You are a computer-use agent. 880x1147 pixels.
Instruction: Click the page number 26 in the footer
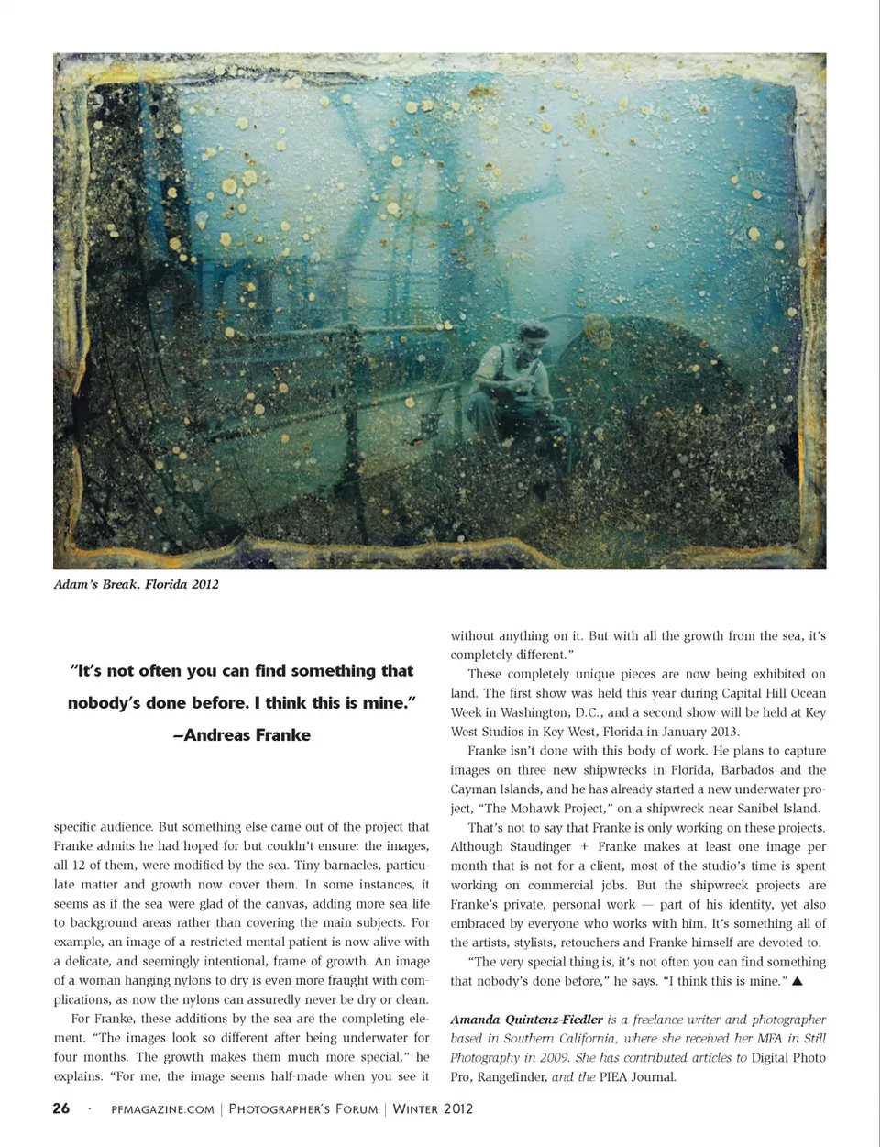coord(61,1108)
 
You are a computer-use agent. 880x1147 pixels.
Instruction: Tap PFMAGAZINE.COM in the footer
coord(162,1108)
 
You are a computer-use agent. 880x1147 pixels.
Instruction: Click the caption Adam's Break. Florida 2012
coord(137,584)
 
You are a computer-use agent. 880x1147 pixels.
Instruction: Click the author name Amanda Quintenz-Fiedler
coord(526,1019)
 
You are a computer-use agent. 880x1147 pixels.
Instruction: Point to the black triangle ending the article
coord(797,981)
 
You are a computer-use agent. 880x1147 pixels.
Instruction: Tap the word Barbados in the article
coord(750,769)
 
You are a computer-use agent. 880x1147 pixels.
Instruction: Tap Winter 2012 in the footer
coord(434,1108)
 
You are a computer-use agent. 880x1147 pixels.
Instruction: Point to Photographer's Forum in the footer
coord(303,1108)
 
